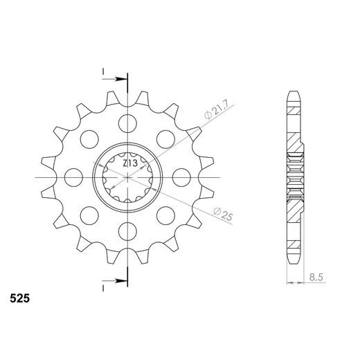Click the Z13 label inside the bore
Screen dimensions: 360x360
(129, 164)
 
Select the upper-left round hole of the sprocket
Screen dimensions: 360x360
(89, 139)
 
